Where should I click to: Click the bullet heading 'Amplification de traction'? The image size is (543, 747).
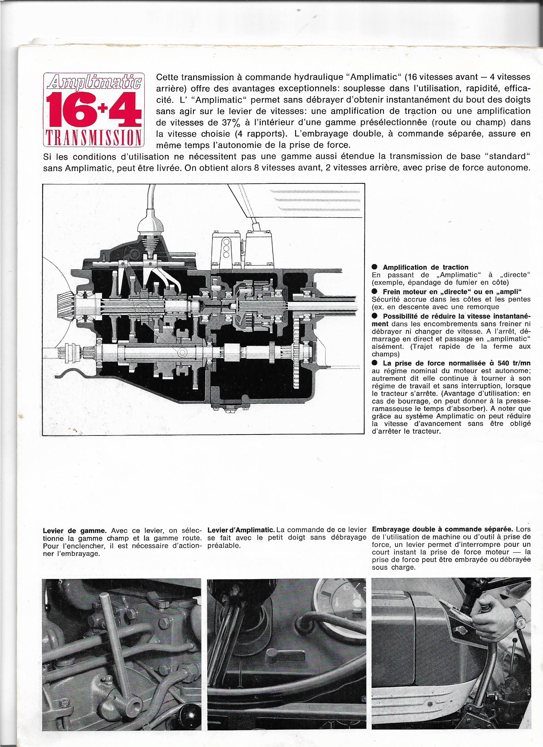425,267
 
